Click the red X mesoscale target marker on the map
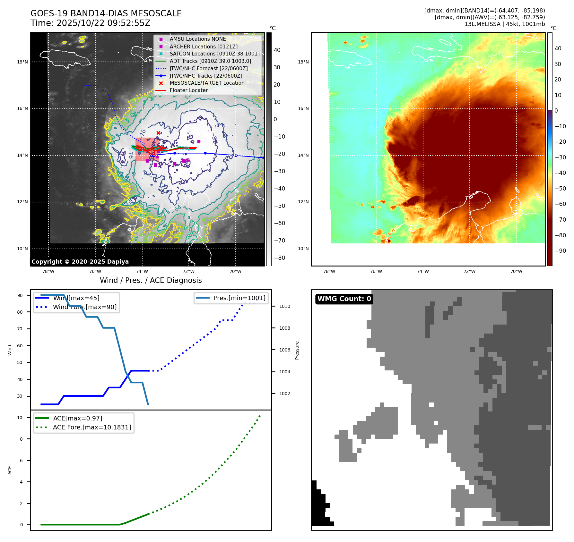point(158,133)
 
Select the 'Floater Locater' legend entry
point(188,90)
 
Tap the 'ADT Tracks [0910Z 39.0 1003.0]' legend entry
point(210,61)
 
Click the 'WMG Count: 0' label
point(344,299)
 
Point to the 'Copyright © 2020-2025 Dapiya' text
point(80,262)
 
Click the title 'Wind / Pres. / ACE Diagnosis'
point(151,280)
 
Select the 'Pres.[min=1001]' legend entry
point(239,298)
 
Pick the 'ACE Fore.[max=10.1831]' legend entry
point(92,427)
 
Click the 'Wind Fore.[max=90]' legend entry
point(85,307)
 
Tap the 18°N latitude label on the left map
point(22,62)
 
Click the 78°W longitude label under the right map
point(329,271)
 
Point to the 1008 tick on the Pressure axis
point(284,328)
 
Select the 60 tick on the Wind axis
point(20,346)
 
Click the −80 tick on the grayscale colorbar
point(279,258)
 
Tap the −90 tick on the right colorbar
point(560,251)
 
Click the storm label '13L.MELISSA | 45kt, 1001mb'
point(504,24)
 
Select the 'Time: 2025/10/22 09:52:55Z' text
point(90,23)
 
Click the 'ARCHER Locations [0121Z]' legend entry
point(204,47)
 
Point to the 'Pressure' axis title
point(297,350)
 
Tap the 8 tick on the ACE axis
point(22,439)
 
